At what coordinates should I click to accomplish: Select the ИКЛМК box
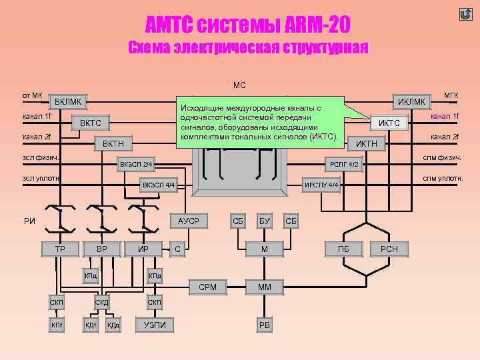(x=411, y=101)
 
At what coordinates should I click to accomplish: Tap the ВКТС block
(x=91, y=123)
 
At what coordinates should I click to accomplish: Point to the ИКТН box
(x=367, y=143)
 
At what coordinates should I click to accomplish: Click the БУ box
(x=265, y=220)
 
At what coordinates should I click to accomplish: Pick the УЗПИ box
(x=155, y=325)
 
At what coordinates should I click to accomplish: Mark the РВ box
(x=265, y=325)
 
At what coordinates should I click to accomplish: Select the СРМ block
(x=208, y=287)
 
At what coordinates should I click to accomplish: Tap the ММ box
(x=265, y=287)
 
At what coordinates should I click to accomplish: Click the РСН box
(x=389, y=249)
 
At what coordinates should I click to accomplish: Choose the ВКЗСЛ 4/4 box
(x=158, y=184)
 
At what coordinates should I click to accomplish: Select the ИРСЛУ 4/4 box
(x=322, y=184)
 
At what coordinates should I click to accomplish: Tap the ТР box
(x=59, y=249)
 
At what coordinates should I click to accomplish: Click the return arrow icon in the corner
(x=465, y=14)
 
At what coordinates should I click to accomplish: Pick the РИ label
(x=29, y=221)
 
